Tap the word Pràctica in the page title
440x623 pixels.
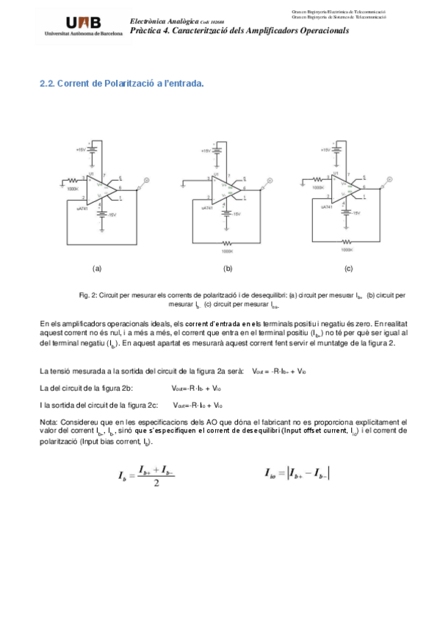(x=147, y=32)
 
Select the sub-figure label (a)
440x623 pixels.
(x=97, y=270)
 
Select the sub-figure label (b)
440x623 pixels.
(x=228, y=270)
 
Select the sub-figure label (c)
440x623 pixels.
(x=348, y=270)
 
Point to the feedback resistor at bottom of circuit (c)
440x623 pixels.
(x=347, y=242)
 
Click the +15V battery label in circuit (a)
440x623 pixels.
(x=80, y=150)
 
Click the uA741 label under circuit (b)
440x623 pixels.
(x=206, y=208)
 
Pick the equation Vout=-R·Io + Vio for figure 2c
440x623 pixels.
(x=198, y=405)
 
